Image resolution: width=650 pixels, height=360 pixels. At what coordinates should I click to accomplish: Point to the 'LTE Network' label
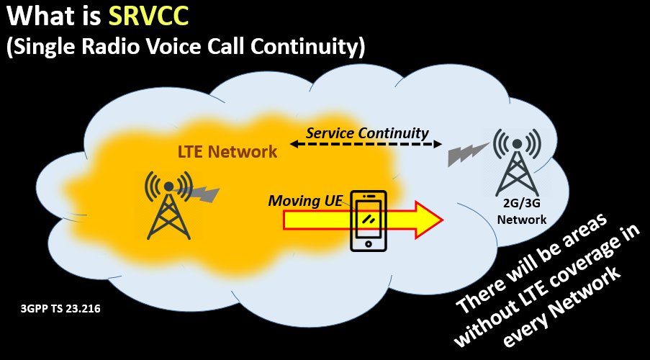pyautogui.click(x=227, y=152)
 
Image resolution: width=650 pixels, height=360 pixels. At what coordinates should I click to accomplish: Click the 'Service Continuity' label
pyautogui.click(x=367, y=133)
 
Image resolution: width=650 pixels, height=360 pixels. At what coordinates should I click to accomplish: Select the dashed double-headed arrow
pyautogui.click(x=366, y=145)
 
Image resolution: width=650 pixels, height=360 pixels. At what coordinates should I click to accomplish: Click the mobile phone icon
pyautogui.click(x=368, y=221)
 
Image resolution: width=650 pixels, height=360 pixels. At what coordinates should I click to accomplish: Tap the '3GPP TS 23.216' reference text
pyautogui.click(x=60, y=309)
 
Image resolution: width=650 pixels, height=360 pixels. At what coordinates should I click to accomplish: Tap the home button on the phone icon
pyautogui.click(x=368, y=243)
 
